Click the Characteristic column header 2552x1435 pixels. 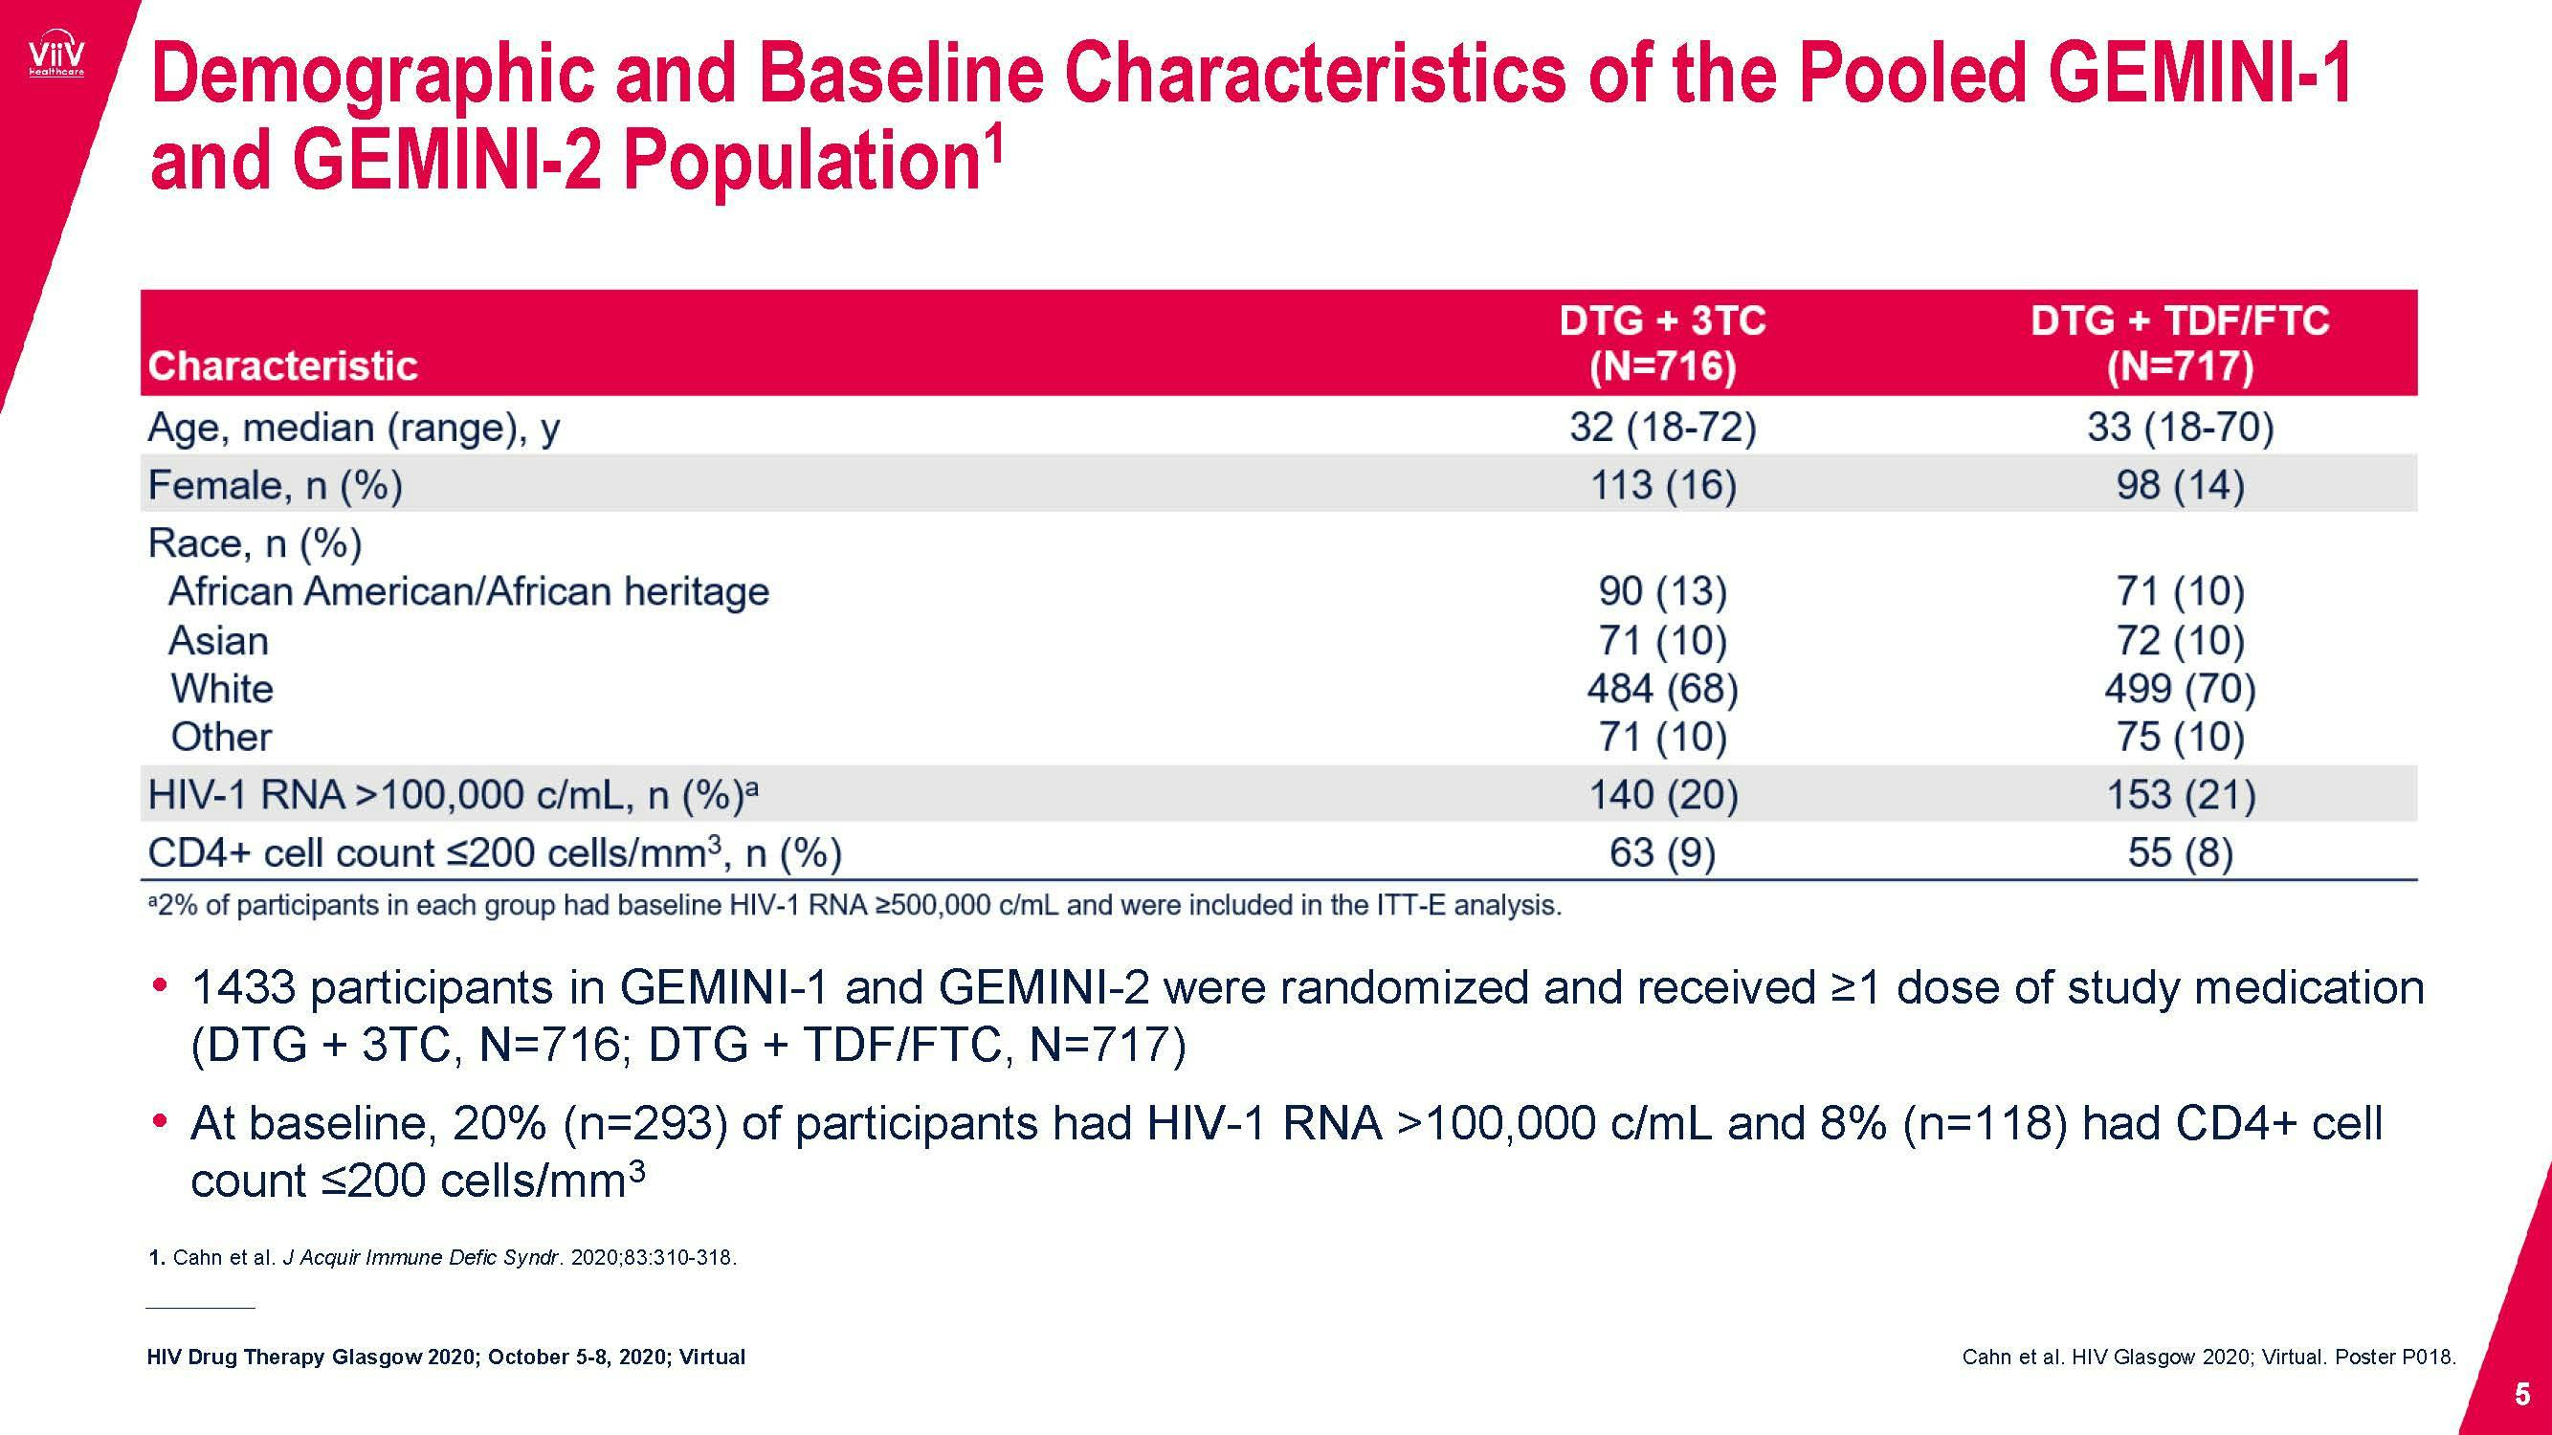[x=282, y=366]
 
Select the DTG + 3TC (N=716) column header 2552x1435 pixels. [x=1661, y=342]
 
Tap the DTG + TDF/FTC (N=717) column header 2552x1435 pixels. [x=2180, y=342]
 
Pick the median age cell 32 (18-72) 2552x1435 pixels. [x=1661, y=428]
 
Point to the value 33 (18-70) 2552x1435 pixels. [x=2180, y=428]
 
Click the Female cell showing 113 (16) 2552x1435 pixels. [x=1661, y=485]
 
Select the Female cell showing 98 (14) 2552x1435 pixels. [x=2180, y=485]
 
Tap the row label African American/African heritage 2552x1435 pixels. [x=469, y=591]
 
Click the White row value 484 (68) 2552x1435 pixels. [x=1661, y=688]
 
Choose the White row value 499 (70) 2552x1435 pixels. [x=2180, y=688]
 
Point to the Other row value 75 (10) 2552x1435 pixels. [x=2180, y=737]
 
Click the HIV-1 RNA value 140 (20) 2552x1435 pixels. [x=1661, y=795]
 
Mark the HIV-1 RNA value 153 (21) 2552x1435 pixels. [x=2180, y=795]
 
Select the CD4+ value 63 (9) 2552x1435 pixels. [x=1661, y=852]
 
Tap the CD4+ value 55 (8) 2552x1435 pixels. [x=2180, y=852]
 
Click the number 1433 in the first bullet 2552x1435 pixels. [x=243, y=988]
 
